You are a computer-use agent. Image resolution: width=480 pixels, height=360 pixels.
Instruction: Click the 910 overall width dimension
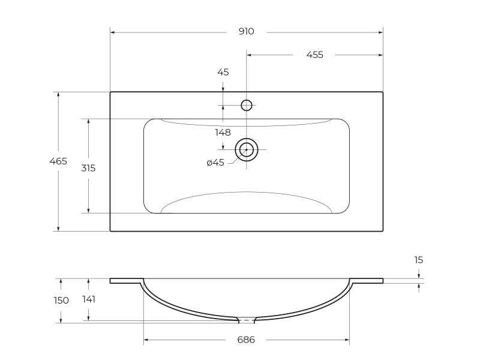pos(247,32)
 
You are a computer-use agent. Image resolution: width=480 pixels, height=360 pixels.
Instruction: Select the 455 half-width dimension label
pos(314,55)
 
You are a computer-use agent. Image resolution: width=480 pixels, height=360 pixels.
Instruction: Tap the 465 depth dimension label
pos(58,161)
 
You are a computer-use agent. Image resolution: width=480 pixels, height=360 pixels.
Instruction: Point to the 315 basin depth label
pos(88,168)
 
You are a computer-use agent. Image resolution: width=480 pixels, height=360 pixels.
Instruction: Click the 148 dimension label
pos(223,133)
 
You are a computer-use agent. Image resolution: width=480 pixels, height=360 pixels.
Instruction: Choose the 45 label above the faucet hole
pos(223,72)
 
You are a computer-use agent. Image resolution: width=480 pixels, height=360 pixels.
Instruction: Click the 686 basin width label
pos(246,340)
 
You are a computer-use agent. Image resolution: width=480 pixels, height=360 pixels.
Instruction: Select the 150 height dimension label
pos(61,301)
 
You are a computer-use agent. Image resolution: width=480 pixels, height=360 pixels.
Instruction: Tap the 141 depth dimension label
pos(89,299)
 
